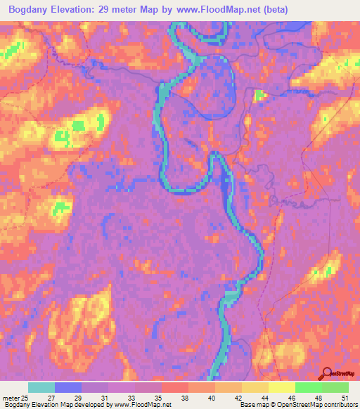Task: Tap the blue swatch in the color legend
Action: [67, 387]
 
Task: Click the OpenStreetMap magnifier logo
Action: [328, 373]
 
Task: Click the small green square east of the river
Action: [259, 96]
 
